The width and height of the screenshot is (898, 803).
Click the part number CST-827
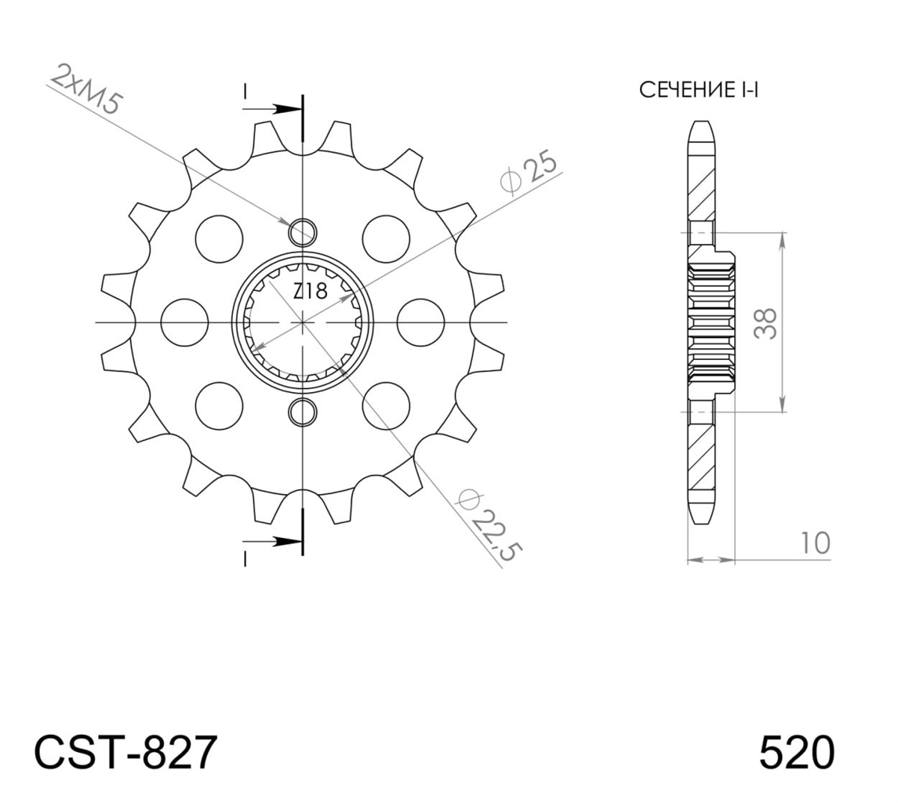click(126, 752)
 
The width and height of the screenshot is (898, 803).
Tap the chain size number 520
click(797, 752)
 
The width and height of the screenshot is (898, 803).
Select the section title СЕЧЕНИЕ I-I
click(698, 90)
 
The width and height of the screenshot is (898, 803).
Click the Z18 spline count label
click(311, 291)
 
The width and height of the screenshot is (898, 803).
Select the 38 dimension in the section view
click(766, 323)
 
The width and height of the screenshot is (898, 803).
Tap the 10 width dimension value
click(816, 543)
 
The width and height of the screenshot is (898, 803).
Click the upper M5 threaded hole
click(303, 232)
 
